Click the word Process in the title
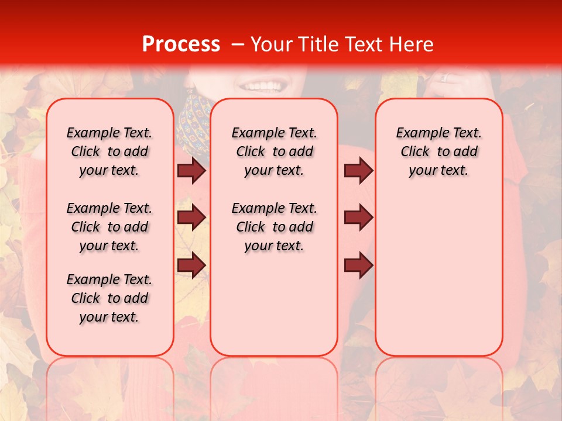[181, 44]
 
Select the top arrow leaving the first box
[191, 171]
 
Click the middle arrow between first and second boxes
[191, 218]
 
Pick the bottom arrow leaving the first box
[191, 265]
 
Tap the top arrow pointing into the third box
[358, 171]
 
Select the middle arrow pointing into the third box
[358, 218]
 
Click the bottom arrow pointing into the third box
[358, 265]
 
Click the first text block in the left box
[109, 151]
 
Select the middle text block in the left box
[109, 227]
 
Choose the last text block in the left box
[109, 298]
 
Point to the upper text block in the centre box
[274, 151]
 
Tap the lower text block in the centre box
[274, 227]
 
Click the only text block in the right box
[438, 151]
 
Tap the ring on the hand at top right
[443, 77]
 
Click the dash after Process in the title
[238, 44]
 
